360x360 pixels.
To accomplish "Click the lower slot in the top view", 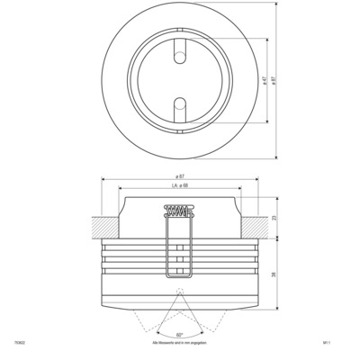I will tap(179, 107).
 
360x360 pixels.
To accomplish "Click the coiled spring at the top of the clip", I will tap(178, 213).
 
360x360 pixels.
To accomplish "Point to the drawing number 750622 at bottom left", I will tap(20, 343).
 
